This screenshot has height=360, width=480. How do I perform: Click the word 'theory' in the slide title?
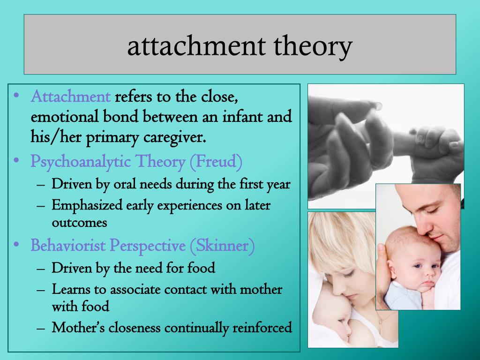click(313, 46)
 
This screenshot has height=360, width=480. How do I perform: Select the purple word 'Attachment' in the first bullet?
click(70, 97)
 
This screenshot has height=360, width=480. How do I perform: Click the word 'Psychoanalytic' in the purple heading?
click(81, 162)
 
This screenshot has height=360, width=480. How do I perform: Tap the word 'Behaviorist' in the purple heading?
click(68, 245)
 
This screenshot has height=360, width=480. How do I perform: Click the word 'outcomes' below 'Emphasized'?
click(79, 223)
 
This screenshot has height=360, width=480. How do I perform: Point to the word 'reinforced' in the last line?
click(262, 328)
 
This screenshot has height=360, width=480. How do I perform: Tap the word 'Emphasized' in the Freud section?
click(87, 205)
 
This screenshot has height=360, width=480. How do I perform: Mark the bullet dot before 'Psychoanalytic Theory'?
click(16, 160)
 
